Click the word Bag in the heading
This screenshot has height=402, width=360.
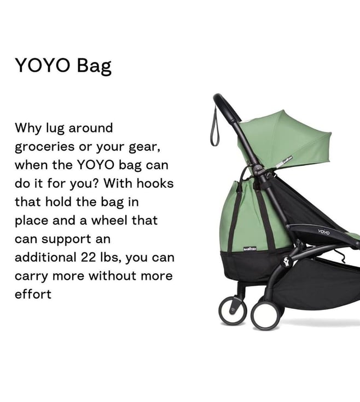pyautogui.click(x=94, y=66)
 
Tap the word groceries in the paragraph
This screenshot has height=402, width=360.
pyautogui.click(x=45, y=147)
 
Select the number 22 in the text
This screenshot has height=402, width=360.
pyautogui.click(x=88, y=257)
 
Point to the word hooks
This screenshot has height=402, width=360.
pyautogui.click(x=155, y=183)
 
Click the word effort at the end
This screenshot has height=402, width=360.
pyautogui.click(x=33, y=294)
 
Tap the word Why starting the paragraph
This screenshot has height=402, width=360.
pyautogui.click(x=28, y=129)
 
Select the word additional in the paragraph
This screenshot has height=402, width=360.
pyautogui.click(x=45, y=257)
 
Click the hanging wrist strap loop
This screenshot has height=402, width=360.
pyautogui.click(x=215, y=128)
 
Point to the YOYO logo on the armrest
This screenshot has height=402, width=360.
pyautogui.click(x=324, y=232)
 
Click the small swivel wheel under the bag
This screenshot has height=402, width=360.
pyautogui.click(x=233, y=310)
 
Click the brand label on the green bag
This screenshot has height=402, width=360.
pyautogui.click(x=250, y=249)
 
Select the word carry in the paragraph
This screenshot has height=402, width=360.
pyautogui.click(x=32, y=277)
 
